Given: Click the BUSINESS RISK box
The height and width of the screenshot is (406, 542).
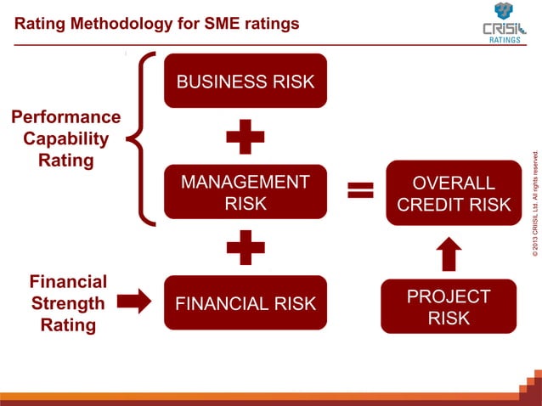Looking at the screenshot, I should (245, 82).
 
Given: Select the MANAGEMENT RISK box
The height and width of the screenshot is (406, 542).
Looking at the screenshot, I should (245, 192).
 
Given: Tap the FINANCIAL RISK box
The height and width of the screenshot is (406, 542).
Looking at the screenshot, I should (245, 303).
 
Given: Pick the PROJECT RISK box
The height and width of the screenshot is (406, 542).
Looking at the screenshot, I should (448, 307).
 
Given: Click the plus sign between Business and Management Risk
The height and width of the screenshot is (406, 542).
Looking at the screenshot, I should (245, 136).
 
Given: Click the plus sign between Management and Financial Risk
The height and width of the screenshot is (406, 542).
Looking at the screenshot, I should (245, 247).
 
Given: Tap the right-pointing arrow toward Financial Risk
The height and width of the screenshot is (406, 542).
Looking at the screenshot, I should (133, 300).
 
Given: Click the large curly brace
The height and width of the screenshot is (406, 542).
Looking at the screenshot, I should (144, 139).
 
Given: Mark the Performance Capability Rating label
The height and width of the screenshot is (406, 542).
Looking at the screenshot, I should (65, 138).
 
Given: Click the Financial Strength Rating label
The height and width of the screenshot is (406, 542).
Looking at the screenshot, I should (68, 303).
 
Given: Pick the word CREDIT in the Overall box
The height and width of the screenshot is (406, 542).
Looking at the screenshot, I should (431, 205).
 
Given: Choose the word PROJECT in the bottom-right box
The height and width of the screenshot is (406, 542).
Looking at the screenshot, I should (448, 296).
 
